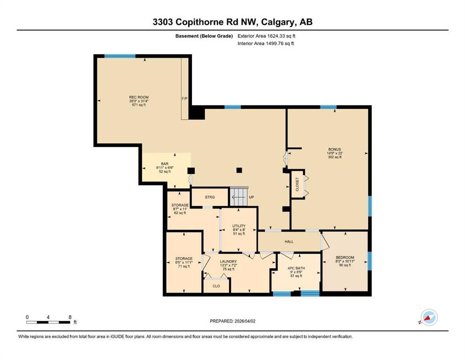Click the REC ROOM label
click(x=139, y=97)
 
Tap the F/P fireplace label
click(x=185, y=98)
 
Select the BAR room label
click(x=164, y=164)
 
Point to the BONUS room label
click(x=334, y=149)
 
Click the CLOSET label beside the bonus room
click(x=297, y=184)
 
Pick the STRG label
click(x=210, y=197)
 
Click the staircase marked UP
click(x=239, y=196)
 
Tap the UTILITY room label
click(x=239, y=226)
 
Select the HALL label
click(x=289, y=241)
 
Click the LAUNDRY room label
click(x=229, y=262)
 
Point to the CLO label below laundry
click(x=216, y=286)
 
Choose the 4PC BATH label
click(x=296, y=268)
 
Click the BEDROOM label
click(x=345, y=257)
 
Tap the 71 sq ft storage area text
click(x=184, y=266)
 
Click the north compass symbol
click(x=429, y=317)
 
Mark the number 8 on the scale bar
click(x=70, y=317)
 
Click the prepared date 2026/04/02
click(x=245, y=321)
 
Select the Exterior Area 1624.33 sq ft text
click(x=266, y=36)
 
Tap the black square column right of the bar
click(x=191, y=171)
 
